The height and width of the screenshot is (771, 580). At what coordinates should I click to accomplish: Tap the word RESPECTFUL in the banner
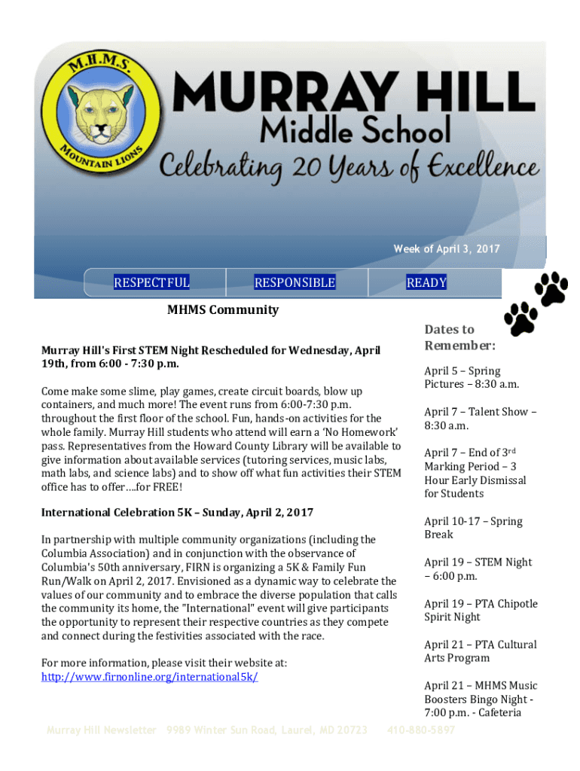(x=151, y=282)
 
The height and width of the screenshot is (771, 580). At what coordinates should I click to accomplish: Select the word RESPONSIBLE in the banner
(x=295, y=282)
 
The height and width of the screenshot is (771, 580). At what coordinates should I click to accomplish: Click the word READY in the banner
(x=426, y=282)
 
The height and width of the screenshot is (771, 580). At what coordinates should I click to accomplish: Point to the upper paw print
(x=551, y=288)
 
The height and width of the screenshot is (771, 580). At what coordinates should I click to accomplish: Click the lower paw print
(x=521, y=318)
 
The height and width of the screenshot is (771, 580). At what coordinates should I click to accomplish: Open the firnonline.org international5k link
(x=149, y=676)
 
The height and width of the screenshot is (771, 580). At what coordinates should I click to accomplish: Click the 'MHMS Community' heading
(x=222, y=309)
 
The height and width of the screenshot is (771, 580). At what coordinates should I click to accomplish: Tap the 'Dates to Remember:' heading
(x=459, y=337)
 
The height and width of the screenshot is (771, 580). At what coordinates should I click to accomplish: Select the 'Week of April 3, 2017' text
(x=446, y=249)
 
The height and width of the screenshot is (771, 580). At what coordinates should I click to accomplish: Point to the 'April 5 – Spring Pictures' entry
(x=462, y=377)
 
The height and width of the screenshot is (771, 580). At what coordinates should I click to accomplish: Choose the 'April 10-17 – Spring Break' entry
(x=473, y=528)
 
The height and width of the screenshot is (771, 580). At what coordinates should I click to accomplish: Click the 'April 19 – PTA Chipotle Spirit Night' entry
(x=481, y=610)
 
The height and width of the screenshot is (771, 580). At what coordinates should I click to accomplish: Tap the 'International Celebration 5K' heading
(x=177, y=512)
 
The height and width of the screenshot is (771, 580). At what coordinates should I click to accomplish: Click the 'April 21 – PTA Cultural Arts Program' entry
(x=481, y=651)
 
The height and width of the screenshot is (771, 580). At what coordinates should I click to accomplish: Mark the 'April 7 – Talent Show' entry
(x=480, y=419)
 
